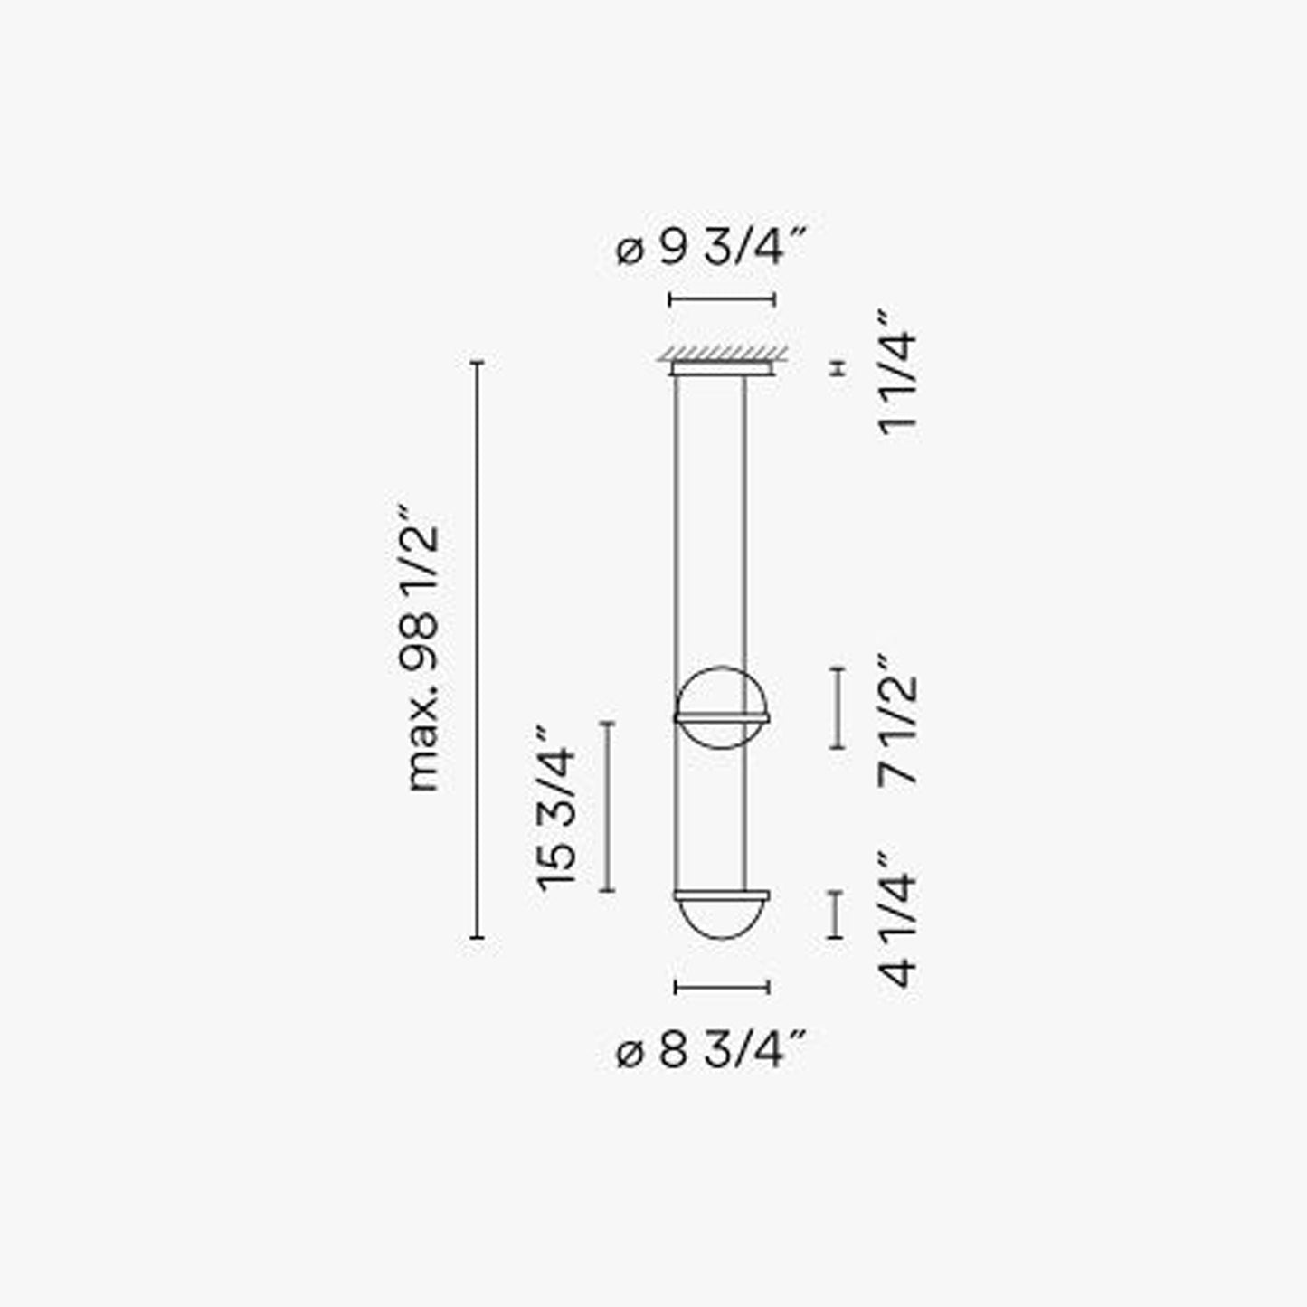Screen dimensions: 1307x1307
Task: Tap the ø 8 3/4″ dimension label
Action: pos(710,1051)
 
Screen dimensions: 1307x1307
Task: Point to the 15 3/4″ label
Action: pos(556,807)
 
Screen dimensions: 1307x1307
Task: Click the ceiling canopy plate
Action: pos(721,368)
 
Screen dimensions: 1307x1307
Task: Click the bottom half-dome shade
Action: pos(722,917)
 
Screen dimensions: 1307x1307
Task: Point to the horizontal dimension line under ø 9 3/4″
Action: pos(722,299)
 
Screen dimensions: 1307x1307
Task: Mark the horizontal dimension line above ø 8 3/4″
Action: pos(722,987)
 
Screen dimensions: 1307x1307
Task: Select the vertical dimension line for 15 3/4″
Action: pos(607,807)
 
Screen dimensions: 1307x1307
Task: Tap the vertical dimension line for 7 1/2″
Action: pos(838,708)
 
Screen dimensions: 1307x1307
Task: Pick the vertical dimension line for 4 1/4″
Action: pos(837,914)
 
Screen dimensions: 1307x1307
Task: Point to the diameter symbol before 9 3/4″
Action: pos(630,250)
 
